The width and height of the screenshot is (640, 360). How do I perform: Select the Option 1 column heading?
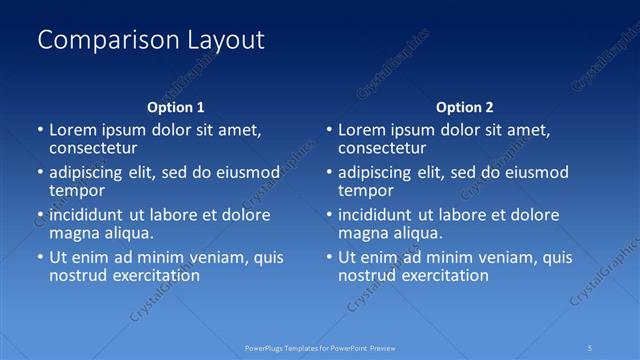[176, 107]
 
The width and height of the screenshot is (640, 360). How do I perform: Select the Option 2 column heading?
[465, 107]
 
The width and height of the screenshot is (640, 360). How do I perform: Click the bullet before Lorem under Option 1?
[40, 130]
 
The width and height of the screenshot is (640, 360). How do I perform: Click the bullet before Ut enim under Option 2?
[329, 257]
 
